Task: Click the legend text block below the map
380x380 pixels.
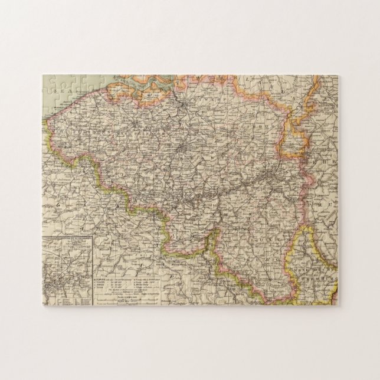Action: coord(139,282)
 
